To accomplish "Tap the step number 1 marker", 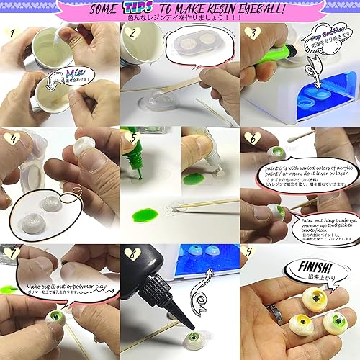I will [x=12, y=35].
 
